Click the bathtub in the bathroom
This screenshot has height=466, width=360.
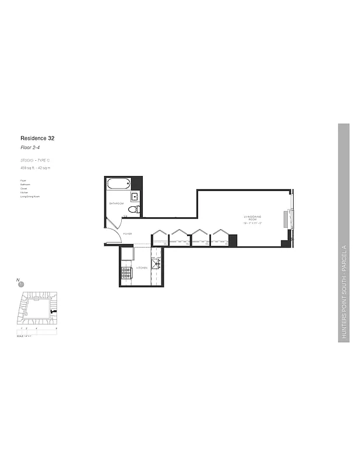tap(118, 185)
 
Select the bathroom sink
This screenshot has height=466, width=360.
tap(133, 196)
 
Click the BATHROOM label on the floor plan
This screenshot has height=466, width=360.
tap(117, 203)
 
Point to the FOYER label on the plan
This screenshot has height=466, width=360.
tap(127, 234)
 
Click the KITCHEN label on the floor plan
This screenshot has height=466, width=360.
tap(142, 268)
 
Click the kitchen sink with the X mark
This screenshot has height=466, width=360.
tap(156, 263)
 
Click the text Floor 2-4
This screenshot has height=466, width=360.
tap(30, 149)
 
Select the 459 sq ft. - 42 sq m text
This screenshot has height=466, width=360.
tap(36, 168)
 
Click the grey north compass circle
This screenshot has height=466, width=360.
tap(22, 284)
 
